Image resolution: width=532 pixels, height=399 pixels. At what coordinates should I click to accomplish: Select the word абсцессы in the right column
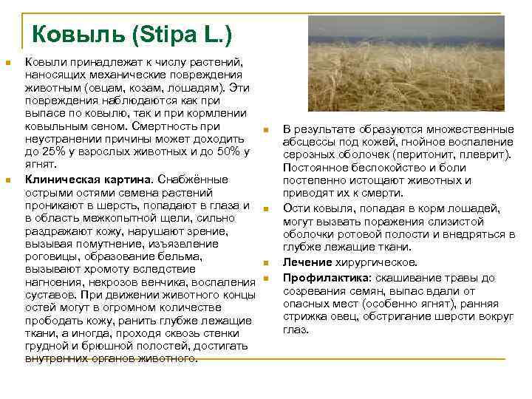(x=309, y=142)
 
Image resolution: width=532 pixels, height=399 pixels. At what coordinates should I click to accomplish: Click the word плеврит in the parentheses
(x=488, y=155)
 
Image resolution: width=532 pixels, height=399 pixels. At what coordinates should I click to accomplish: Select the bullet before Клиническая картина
(x=7, y=180)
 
